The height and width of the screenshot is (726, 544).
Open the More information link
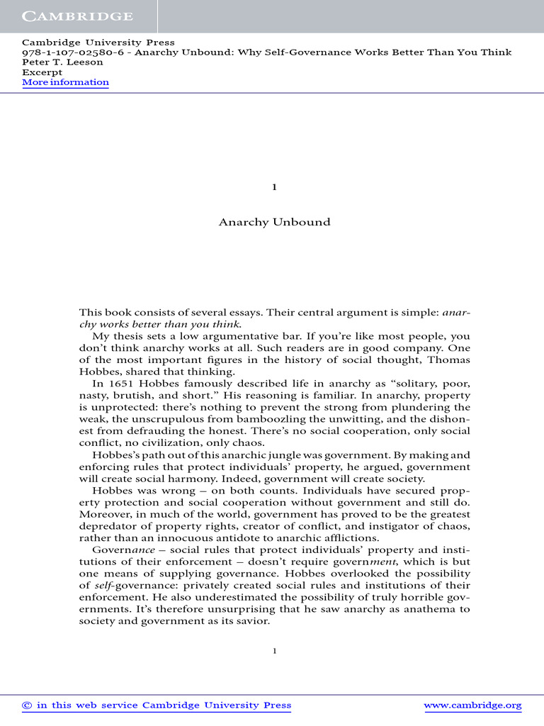pyautogui.click(x=65, y=82)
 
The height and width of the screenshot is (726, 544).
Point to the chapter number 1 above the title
pyautogui.click(x=274, y=187)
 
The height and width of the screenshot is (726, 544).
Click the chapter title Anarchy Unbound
pyautogui.click(x=274, y=222)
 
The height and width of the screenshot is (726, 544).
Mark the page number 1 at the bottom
pyautogui.click(x=275, y=651)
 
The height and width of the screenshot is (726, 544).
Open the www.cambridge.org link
pyautogui.click(x=472, y=705)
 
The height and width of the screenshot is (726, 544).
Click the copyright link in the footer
pyautogui.click(x=157, y=705)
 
